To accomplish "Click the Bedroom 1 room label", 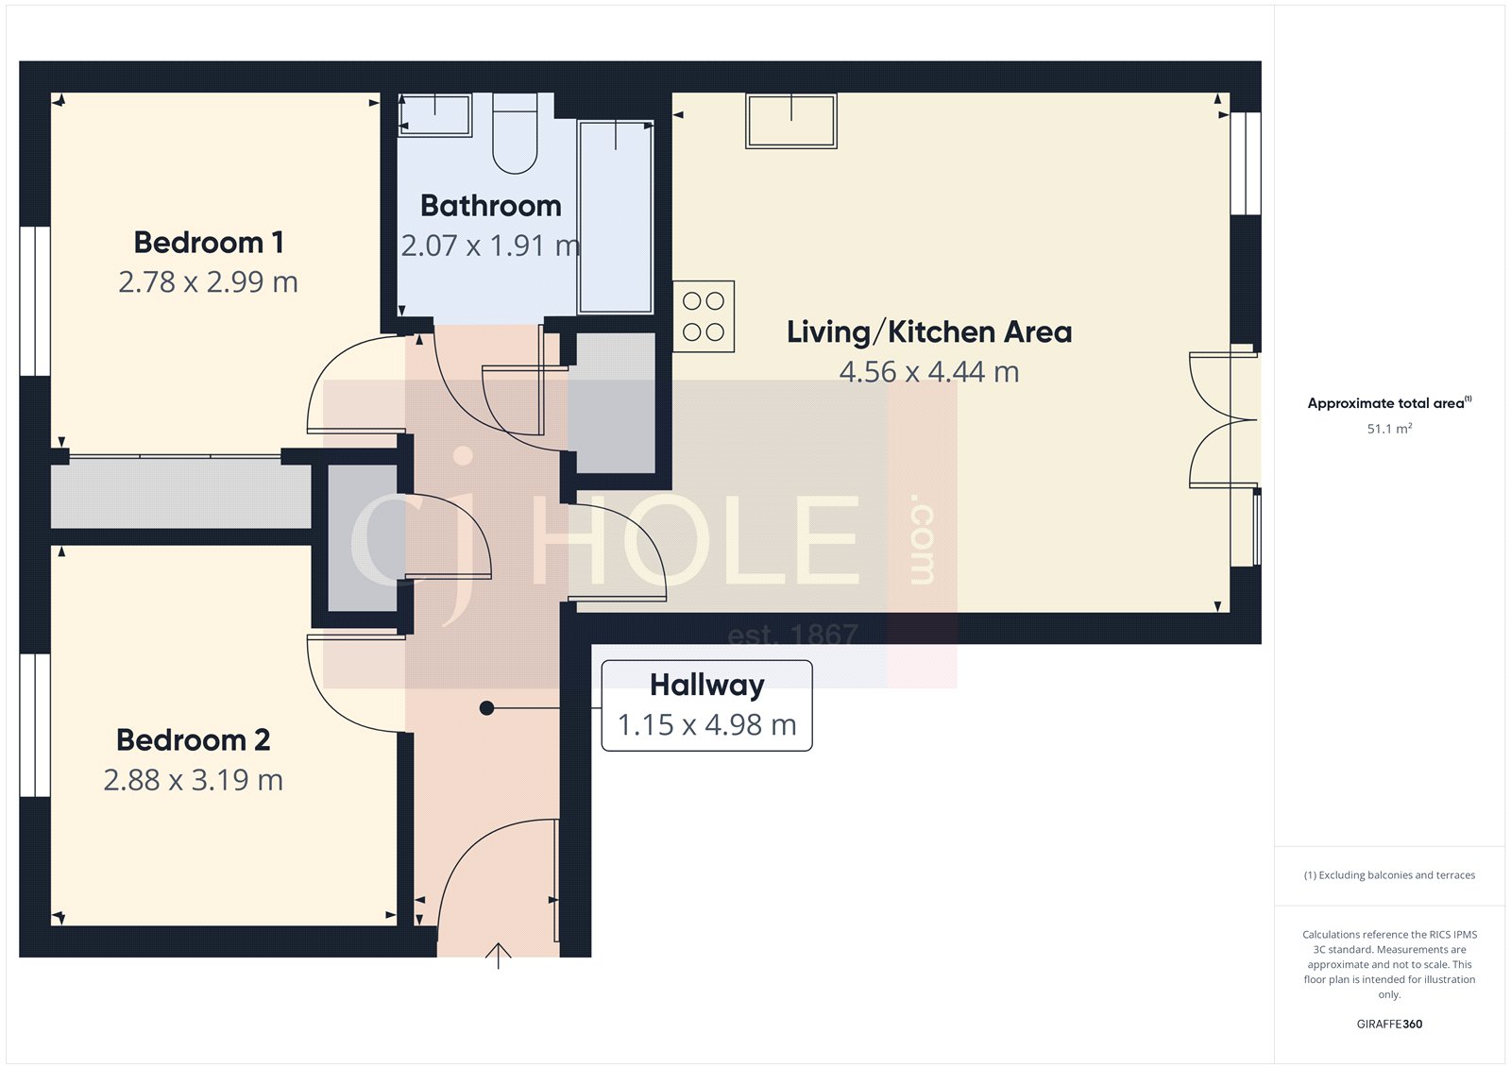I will (x=209, y=243).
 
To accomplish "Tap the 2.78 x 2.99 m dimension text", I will (x=209, y=282).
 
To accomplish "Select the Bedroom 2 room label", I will (x=194, y=740).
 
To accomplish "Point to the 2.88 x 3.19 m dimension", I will (x=194, y=780).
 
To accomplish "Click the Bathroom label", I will (x=491, y=206).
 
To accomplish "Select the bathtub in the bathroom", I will (x=616, y=217).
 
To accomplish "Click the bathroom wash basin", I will (x=434, y=115).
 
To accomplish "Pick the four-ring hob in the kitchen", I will (x=704, y=316).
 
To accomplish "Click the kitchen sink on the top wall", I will (x=791, y=121).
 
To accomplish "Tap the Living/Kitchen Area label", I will (x=929, y=332).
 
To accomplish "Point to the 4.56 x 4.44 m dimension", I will (x=929, y=372).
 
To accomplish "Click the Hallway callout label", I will (x=707, y=685).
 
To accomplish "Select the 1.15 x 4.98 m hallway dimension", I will (x=707, y=725).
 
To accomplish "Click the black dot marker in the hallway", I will (x=486, y=708).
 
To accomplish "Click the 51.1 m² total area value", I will (x=1389, y=429).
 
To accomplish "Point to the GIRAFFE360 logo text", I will (x=1389, y=1024).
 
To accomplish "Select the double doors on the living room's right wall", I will (x=1223, y=420).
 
